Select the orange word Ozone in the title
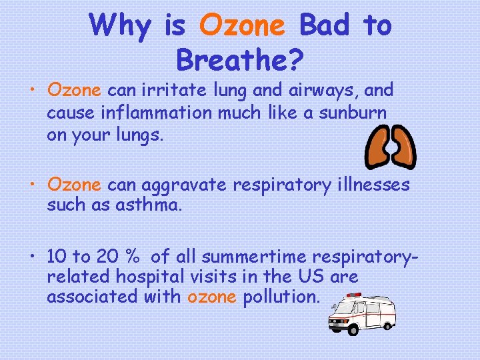(242, 25)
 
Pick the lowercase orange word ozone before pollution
(212, 297)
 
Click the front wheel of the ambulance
(337, 326)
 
